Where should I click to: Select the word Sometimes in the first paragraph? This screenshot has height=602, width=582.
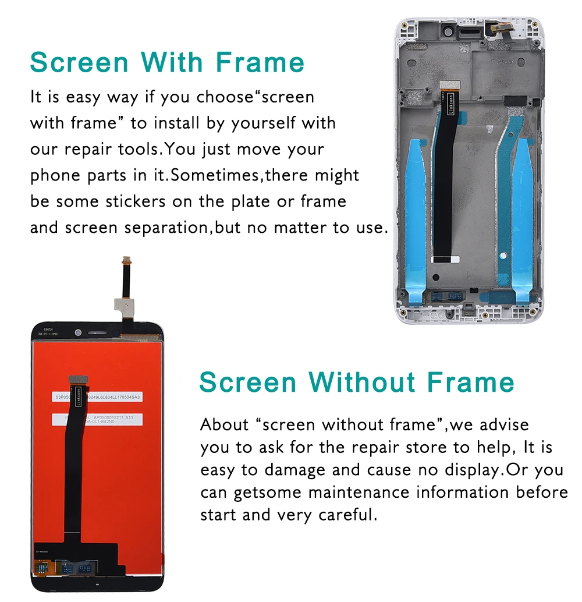(215, 175)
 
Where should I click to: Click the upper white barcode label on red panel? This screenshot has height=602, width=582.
(97, 397)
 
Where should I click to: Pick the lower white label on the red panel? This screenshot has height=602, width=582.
(98, 420)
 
